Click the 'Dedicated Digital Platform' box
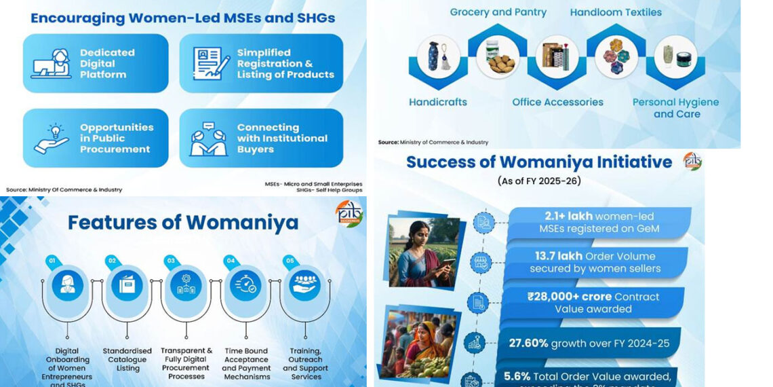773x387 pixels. [x=96, y=63]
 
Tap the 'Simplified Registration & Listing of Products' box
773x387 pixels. [x=261, y=63]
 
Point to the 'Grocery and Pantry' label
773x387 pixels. [x=498, y=12]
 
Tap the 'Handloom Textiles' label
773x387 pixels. [x=616, y=12]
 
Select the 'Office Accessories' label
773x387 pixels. [x=557, y=102]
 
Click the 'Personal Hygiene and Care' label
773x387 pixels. [x=675, y=108]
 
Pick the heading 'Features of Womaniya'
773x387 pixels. [x=183, y=222]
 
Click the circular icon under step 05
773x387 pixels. [x=304, y=285]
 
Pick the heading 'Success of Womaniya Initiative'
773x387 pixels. [x=539, y=162]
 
